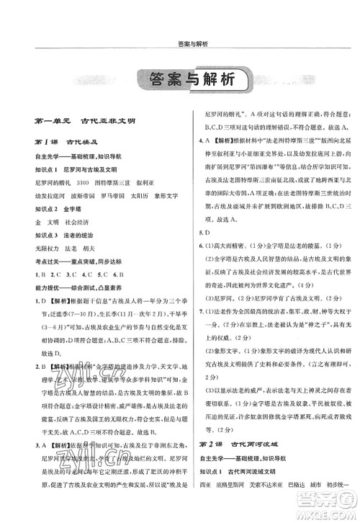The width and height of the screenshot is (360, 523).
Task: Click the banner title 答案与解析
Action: point(180,81)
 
